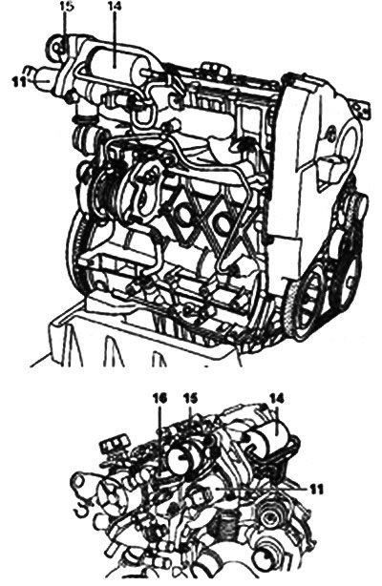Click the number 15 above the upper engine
pos(65,8)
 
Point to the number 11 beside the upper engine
pos(17,81)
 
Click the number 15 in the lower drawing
pos(190,398)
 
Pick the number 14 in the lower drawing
pos(277,398)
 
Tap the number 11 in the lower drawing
pos(315,490)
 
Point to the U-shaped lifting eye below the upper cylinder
pos(142,115)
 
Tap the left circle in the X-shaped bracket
pos(184,214)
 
